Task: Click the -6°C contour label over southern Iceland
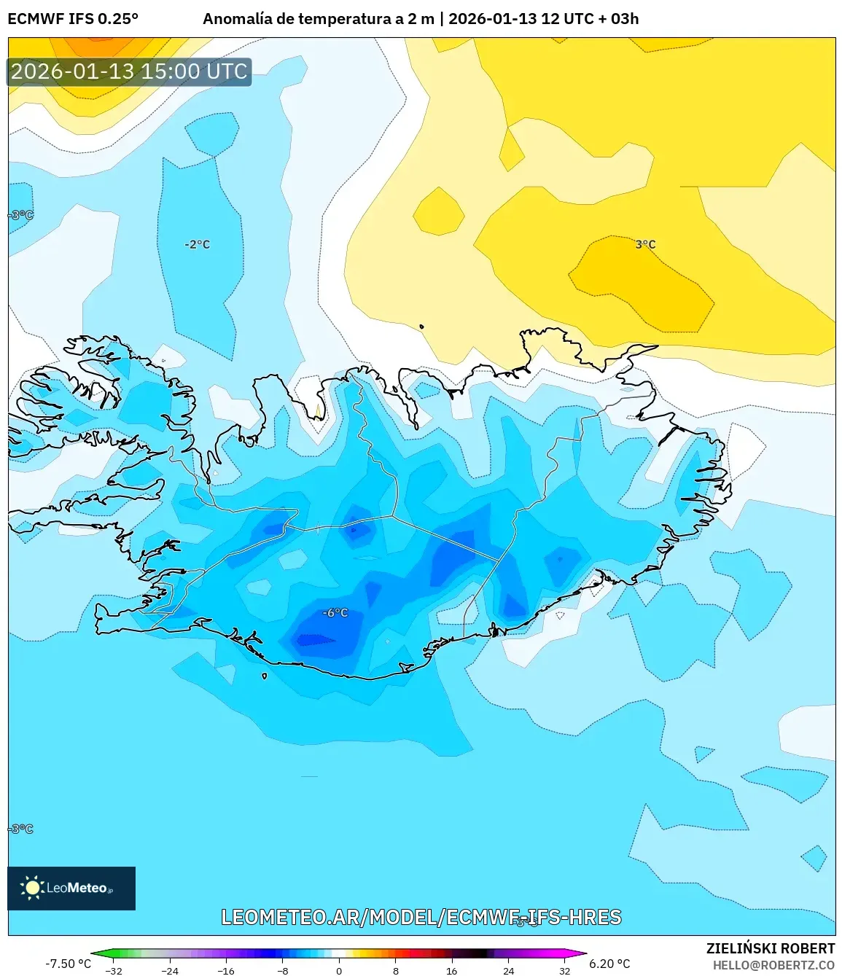pos(335,613)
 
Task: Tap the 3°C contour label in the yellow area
pos(645,244)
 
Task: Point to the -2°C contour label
pos(197,244)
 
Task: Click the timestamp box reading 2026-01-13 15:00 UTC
pos(129,71)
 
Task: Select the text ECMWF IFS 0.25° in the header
pos(73,19)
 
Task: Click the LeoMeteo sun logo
pos(32,887)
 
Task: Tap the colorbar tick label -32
pos(114,971)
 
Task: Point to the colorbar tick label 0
pos(339,971)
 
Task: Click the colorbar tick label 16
pos(451,971)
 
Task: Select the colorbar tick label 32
pos(564,971)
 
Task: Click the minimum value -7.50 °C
pos(68,964)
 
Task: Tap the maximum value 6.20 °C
pos(609,964)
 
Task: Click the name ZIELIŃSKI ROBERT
pos(771,948)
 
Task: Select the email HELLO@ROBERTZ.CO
pos(773,965)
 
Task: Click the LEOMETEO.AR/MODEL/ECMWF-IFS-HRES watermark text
pos(421,917)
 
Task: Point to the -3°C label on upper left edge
pos(20,215)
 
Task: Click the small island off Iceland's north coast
pos(421,327)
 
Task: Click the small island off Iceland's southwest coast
pos(265,676)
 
